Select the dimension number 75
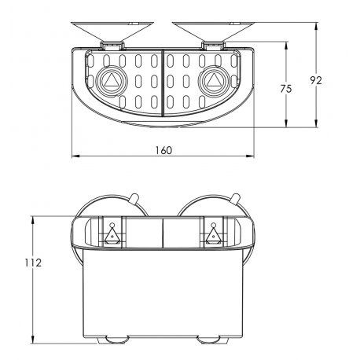[286, 89]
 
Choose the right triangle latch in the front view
[212, 233]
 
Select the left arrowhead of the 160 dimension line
[75, 156]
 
